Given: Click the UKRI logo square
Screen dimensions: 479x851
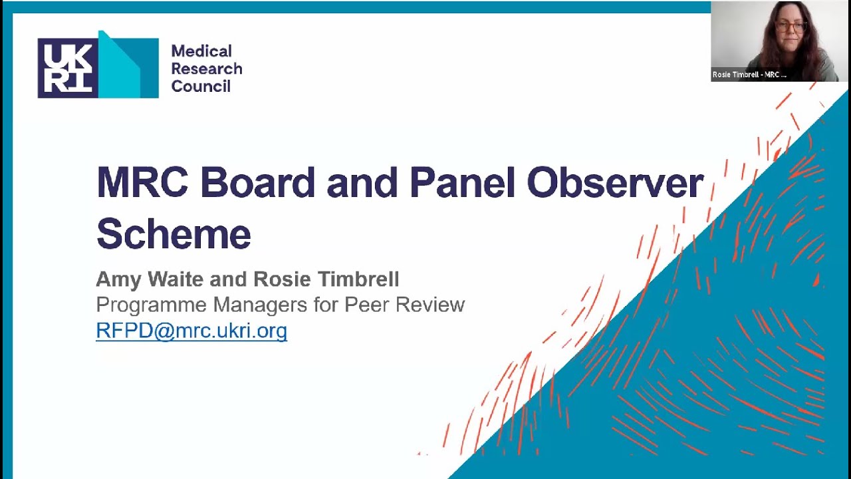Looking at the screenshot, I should click(68, 68).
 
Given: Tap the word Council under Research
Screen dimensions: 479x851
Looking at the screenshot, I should click(201, 86).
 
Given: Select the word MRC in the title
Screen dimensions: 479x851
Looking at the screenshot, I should click(143, 182).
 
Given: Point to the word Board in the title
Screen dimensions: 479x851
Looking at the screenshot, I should click(257, 182).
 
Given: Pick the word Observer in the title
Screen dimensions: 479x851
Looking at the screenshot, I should click(615, 182).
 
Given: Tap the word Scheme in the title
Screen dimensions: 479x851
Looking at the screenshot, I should click(174, 233).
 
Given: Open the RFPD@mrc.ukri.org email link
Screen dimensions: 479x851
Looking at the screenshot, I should click(191, 331).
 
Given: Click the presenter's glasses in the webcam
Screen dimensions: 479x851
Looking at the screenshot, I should click(790, 27).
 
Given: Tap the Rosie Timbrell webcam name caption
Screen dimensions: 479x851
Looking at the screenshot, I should click(749, 75).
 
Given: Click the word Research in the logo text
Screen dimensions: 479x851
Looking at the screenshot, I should click(206, 69).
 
